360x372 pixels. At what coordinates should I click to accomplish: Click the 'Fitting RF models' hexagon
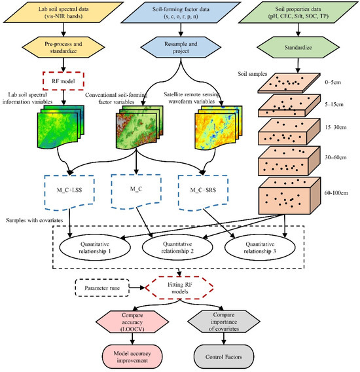[178, 287]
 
